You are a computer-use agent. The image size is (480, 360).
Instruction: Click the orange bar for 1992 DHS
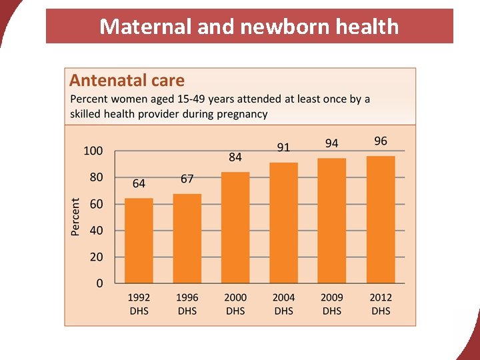tap(139, 241)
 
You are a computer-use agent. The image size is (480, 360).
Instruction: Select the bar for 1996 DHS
tap(187, 239)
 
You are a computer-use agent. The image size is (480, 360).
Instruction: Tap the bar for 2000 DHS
tap(235, 227)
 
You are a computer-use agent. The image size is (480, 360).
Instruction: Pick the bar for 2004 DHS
tap(283, 223)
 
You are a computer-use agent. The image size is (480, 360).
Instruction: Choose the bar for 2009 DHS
tap(331, 221)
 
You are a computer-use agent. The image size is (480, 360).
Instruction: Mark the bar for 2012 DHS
tap(381, 219)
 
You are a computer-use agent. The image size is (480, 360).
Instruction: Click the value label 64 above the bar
tap(139, 183)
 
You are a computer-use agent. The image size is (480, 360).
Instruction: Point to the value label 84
tap(235, 157)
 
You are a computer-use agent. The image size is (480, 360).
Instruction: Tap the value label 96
tap(381, 141)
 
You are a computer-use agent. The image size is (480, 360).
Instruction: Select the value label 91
tap(283, 147)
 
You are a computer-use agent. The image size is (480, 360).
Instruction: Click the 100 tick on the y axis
tap(93, 151)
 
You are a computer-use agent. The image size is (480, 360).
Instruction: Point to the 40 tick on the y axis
tap(97, 231)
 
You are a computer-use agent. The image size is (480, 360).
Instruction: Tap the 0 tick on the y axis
tap(100, 283)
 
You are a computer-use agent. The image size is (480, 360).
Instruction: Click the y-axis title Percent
tap(75, 216)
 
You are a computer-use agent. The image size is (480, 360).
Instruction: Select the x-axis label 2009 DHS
tap(331, 304)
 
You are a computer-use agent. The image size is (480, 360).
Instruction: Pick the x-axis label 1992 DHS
tap(139, 304)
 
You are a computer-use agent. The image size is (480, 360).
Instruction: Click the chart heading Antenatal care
tap(127, 81)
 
